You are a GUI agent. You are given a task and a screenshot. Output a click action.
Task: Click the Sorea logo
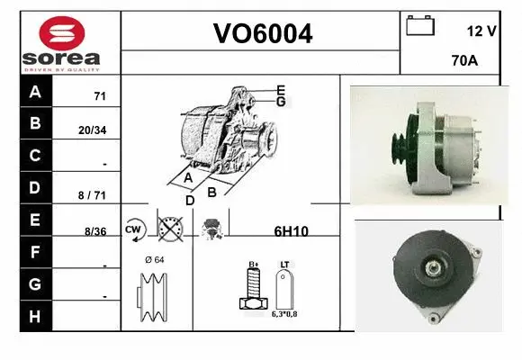click(61, 43)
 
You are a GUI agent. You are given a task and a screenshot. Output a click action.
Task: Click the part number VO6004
click(262, 34)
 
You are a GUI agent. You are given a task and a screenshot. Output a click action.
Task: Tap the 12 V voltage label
click(482, 31)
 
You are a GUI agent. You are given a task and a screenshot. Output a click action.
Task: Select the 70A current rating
click(464, 62)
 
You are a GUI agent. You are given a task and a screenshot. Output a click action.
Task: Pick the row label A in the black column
click(35, 92)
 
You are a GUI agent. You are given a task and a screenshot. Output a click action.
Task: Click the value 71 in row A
click(100, 96)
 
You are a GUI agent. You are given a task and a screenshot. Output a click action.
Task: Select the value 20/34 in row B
click(93, 130)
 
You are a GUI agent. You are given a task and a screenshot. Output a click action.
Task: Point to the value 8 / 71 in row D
click(94, 194)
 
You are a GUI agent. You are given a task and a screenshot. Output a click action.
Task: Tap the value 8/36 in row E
click(94, 231)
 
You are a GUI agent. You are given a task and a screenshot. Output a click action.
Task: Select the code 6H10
click(291, 231)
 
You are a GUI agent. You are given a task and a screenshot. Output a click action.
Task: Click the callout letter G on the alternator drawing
click(282, 102)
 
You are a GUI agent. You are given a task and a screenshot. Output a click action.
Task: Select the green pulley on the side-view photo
click(397, 149)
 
